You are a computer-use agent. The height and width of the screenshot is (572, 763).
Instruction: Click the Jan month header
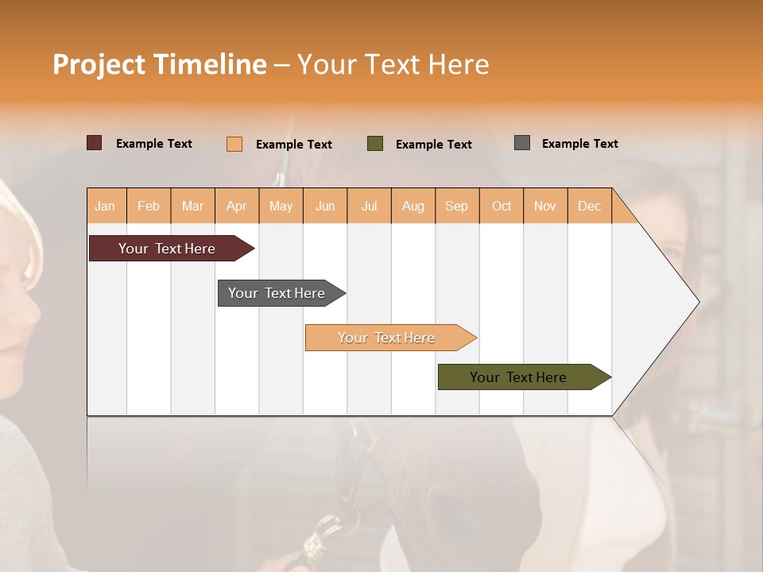coord(105,206)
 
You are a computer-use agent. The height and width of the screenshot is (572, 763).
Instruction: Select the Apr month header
coord(236,206)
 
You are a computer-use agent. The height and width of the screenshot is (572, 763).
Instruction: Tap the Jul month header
coord(369,206)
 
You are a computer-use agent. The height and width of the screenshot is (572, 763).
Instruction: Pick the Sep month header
coord(456,206)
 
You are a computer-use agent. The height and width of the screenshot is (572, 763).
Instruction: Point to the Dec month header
coord(589,206)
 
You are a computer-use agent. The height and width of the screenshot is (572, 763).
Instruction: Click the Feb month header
coord(149,206)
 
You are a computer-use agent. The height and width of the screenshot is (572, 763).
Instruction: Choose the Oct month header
coord(502,206)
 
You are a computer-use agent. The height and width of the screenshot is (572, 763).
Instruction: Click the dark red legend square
coord(94,143)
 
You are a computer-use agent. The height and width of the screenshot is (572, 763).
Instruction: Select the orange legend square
coord(234,144)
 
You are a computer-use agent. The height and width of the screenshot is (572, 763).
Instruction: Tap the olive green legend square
coord(375,144)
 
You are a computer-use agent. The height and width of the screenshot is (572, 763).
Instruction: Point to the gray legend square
coord(522,143)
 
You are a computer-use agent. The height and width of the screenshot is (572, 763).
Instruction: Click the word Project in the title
coord(98,64)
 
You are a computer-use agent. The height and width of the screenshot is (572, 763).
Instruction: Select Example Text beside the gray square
coord(579,144)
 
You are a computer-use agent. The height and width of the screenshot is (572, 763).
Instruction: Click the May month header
coord(281,206)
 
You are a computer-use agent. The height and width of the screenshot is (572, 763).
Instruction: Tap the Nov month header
coord(544,206)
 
